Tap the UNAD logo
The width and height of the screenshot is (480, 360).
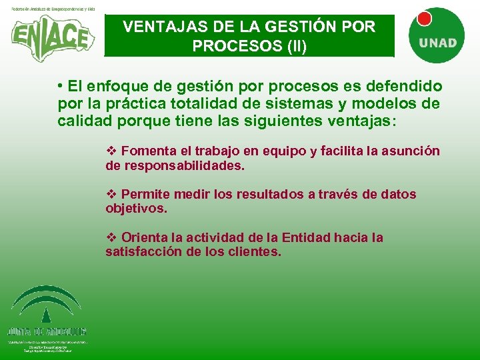[x=437, y=34]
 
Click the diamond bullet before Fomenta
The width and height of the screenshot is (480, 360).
[x=111, y=151]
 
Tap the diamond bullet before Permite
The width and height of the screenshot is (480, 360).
[x=111, y=195]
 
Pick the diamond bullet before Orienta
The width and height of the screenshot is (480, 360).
[x=111, y=238]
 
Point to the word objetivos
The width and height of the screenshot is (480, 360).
[x=135, y=209]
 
